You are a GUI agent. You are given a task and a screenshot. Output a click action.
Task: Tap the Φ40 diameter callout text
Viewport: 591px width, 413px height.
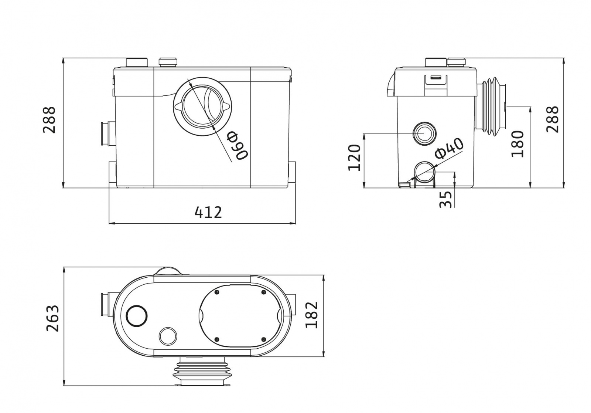click(449, 149)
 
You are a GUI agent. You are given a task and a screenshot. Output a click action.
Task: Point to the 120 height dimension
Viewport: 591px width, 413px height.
click(354, 158)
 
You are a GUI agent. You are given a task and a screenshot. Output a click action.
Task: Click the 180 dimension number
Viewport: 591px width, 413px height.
click(517, 144)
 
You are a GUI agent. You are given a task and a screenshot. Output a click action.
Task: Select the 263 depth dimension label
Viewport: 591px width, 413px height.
click(52, 318)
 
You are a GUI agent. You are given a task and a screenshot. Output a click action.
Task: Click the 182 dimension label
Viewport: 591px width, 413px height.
click(312, 315)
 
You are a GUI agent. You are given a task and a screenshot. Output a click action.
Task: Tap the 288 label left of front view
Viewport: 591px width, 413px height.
click(49, 120)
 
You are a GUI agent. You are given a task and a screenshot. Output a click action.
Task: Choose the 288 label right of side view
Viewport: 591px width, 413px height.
click(553, 119)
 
